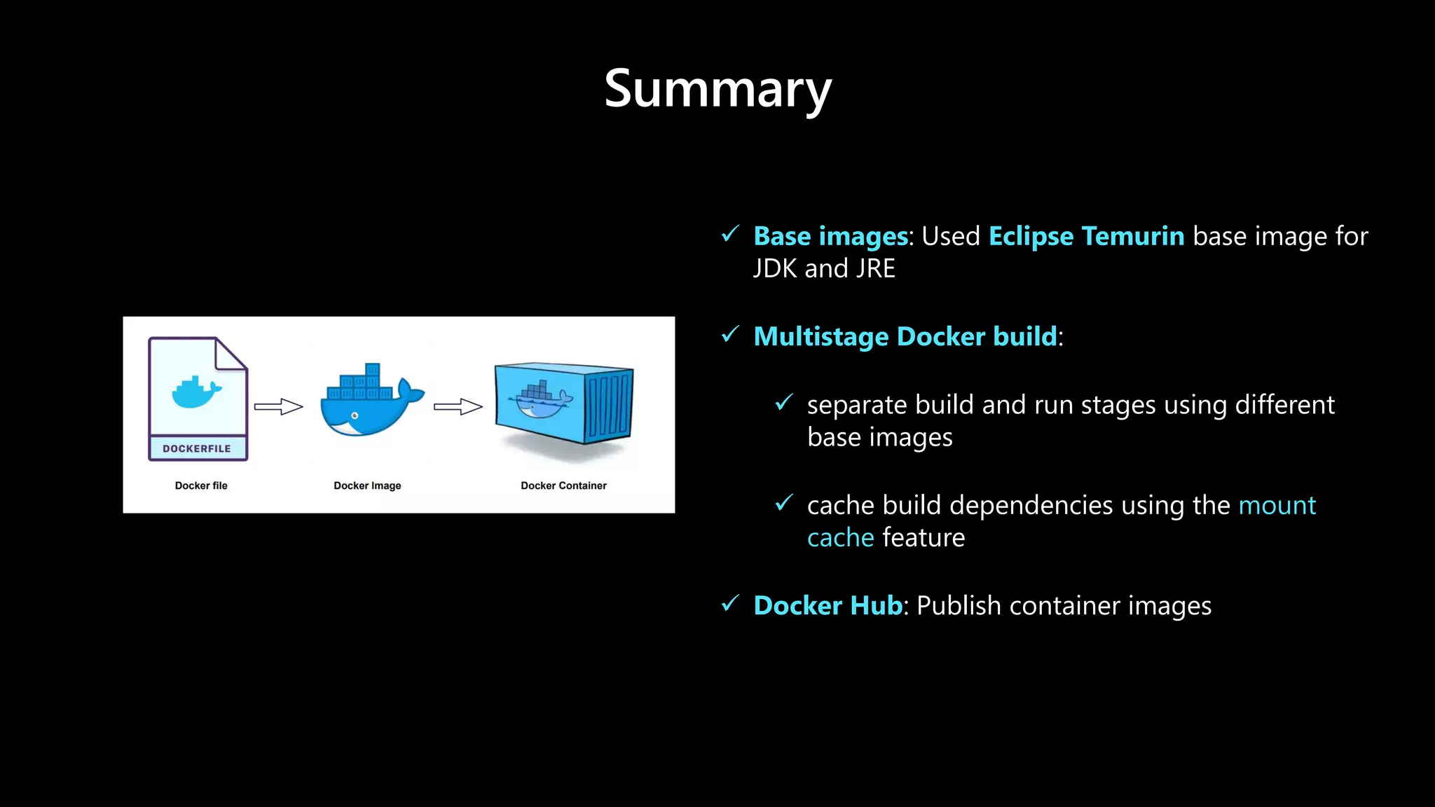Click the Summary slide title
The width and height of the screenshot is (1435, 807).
pos(717,89)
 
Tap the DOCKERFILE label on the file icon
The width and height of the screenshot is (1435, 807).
pos(197,448)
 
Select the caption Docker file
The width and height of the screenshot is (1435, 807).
pos(201,485)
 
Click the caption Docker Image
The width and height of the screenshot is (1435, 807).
pos(367,485)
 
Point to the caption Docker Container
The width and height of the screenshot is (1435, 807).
pos(563,485)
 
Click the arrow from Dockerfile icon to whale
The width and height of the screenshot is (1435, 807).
pos(278,406)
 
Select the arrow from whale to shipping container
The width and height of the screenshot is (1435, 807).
pos(458,406)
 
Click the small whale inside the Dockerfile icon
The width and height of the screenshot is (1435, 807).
pos(196,392)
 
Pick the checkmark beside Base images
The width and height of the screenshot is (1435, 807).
pos(730,234)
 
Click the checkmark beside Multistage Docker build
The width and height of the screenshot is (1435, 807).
pos(730,335)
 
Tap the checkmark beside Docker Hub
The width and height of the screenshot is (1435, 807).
pos(730,603)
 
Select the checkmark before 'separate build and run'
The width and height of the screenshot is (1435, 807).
pos(784,403)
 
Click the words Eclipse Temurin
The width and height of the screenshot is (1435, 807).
pos(1086,236)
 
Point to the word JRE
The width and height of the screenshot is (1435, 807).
pos(876,269)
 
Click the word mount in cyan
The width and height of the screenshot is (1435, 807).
pos(1277,505)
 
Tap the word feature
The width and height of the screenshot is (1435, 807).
pos(924,538)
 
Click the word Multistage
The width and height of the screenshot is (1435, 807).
pos(821,337)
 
